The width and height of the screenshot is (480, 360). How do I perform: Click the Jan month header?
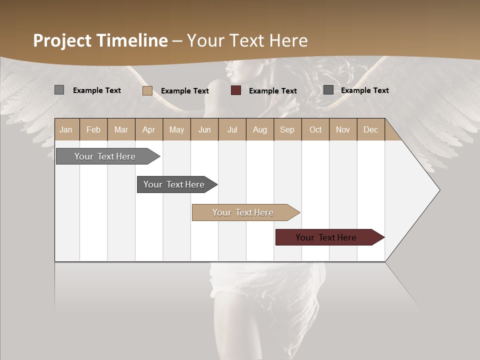tap(66, 130)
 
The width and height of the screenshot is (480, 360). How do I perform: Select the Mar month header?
tap(121, 130)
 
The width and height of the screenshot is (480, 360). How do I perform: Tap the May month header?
tap(176, 130)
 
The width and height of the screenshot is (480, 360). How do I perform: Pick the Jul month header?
tap(232, 130)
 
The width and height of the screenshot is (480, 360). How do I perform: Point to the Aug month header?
tap(260, 130)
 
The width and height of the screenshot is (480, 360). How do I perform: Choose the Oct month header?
tap(315, 130)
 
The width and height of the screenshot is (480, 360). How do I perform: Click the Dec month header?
tap(370, 130)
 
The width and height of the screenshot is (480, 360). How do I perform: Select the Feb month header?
tap(93, 130)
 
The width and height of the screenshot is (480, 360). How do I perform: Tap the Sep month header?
tap(287, 130)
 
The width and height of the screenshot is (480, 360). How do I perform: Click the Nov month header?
tap(343, 130)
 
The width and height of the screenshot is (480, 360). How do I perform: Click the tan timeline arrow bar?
tap(243, 212)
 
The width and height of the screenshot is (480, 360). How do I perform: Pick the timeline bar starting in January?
tap(105, 156)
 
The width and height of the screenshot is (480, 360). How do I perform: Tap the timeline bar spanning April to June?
tap(174, 184)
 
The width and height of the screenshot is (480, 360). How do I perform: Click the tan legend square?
tap(147, 90)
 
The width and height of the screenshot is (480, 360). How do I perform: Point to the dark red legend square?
tap(236, 90)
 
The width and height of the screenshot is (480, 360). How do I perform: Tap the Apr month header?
tap(149, 130)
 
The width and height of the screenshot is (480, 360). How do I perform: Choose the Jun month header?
tap(204, 130)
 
